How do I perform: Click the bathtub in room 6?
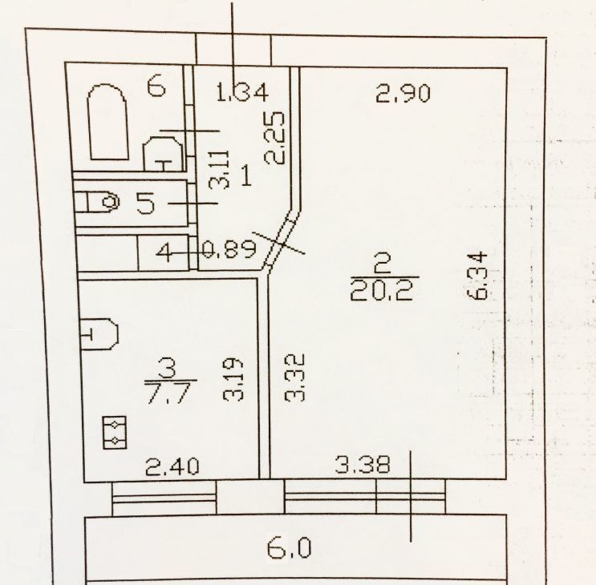pos(107,122)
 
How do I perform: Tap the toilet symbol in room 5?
pos(97,202)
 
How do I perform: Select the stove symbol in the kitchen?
pos(115,433)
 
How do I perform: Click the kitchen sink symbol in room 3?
pos(99,333)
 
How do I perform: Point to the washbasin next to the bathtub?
pos(163,153)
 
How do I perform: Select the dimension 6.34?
pos(477,275)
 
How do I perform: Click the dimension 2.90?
pos(403,94)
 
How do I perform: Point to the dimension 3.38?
pos(363,465)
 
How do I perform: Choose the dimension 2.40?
pos(172,466)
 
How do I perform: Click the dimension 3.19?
pos(233,379)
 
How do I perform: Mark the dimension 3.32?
pos(295,377)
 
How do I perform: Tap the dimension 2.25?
pos(274,138)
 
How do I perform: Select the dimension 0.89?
pos(229,250)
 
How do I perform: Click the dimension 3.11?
pos(220,170)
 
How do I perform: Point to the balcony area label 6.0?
pos(289,548)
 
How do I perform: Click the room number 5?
pos(146,203)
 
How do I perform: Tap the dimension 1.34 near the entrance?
pos(242,93)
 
